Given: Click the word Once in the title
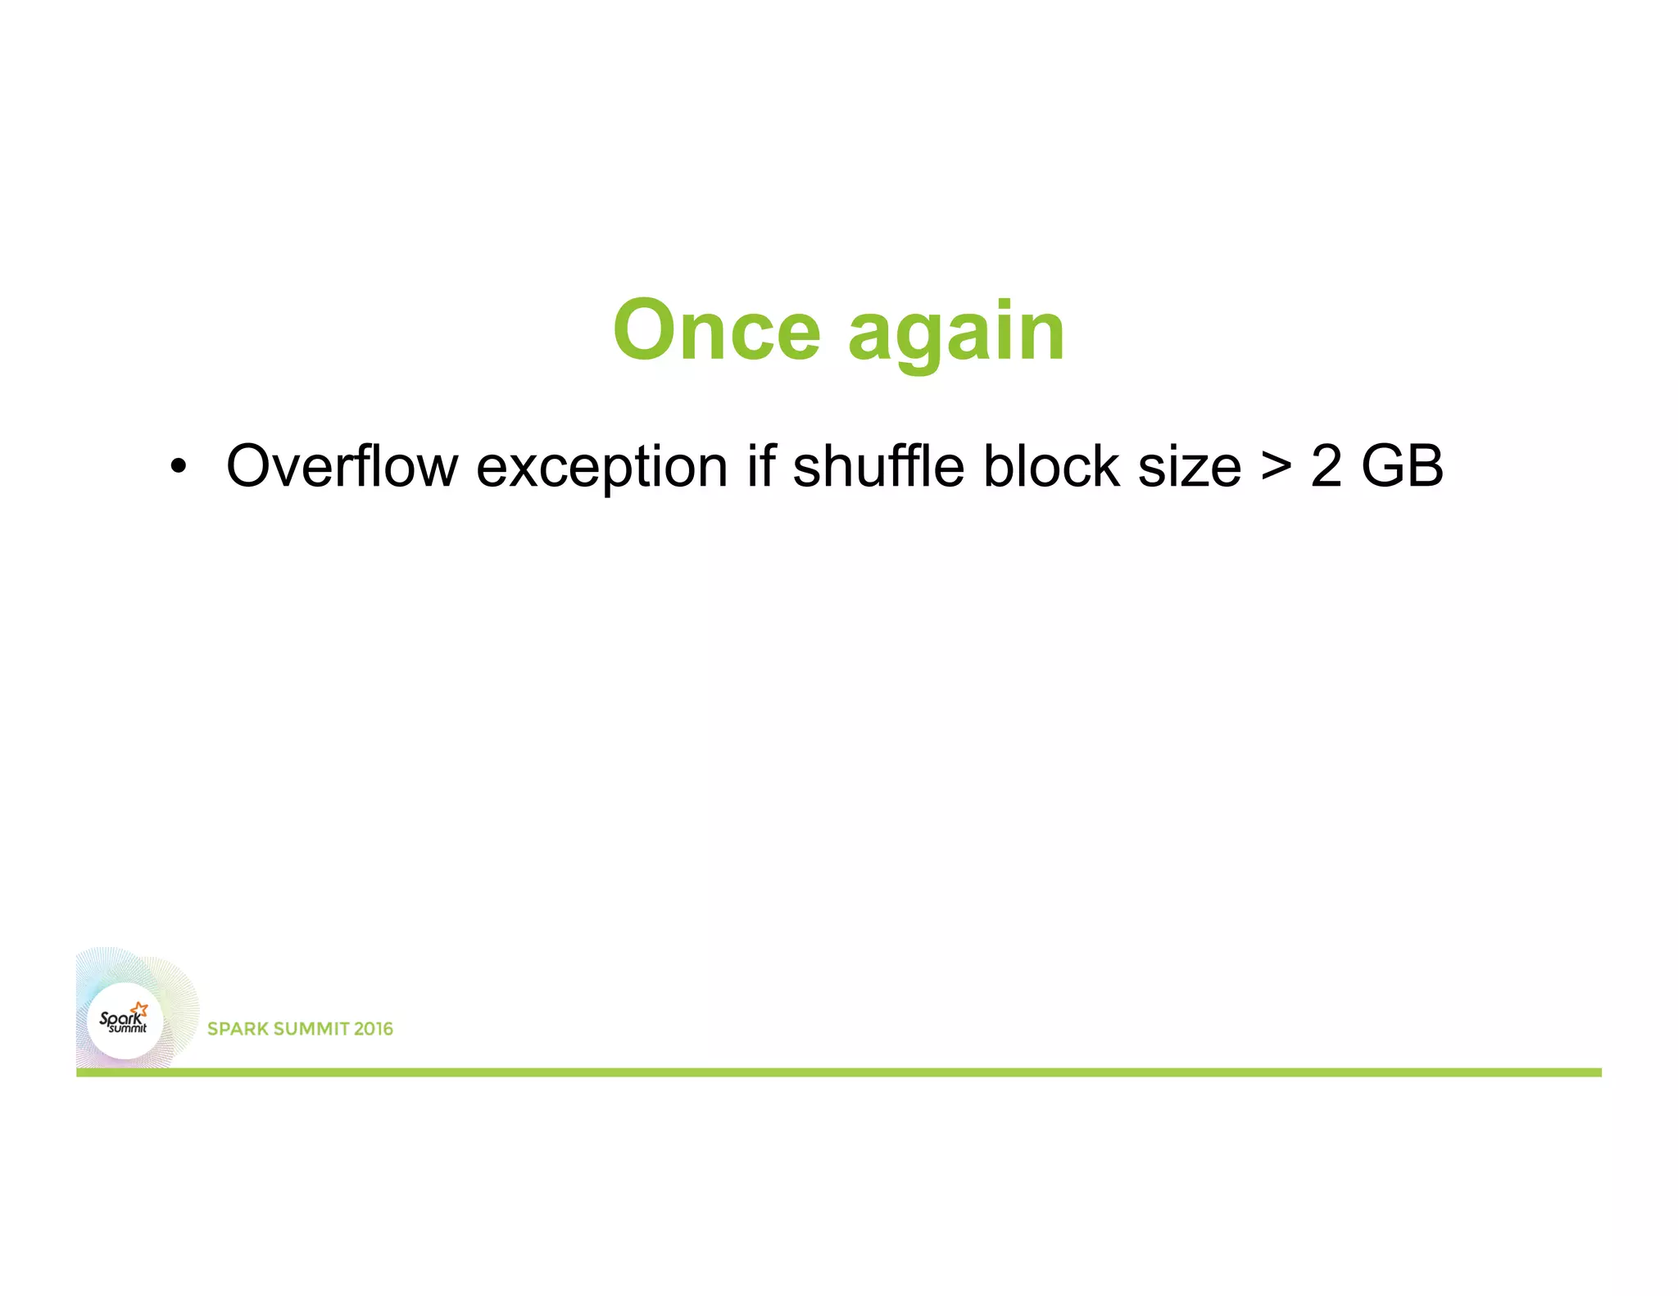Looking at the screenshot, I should (716, 330).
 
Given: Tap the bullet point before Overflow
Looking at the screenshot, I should (178, 468).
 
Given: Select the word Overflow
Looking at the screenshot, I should (342, 466).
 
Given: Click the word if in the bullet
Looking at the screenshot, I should (760, 466).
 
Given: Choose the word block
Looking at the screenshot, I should (1051, 466).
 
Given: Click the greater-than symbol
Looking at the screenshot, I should (1276, 466).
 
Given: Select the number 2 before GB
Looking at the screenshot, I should (1326, 466).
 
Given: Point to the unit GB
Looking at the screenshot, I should (1402, 466).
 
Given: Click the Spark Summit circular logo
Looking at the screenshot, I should (125, 1021).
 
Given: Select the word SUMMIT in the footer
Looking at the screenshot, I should (306, 1029).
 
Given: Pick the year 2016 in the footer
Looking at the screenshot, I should (374, 1029).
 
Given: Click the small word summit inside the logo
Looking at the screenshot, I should (129, 1028).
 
